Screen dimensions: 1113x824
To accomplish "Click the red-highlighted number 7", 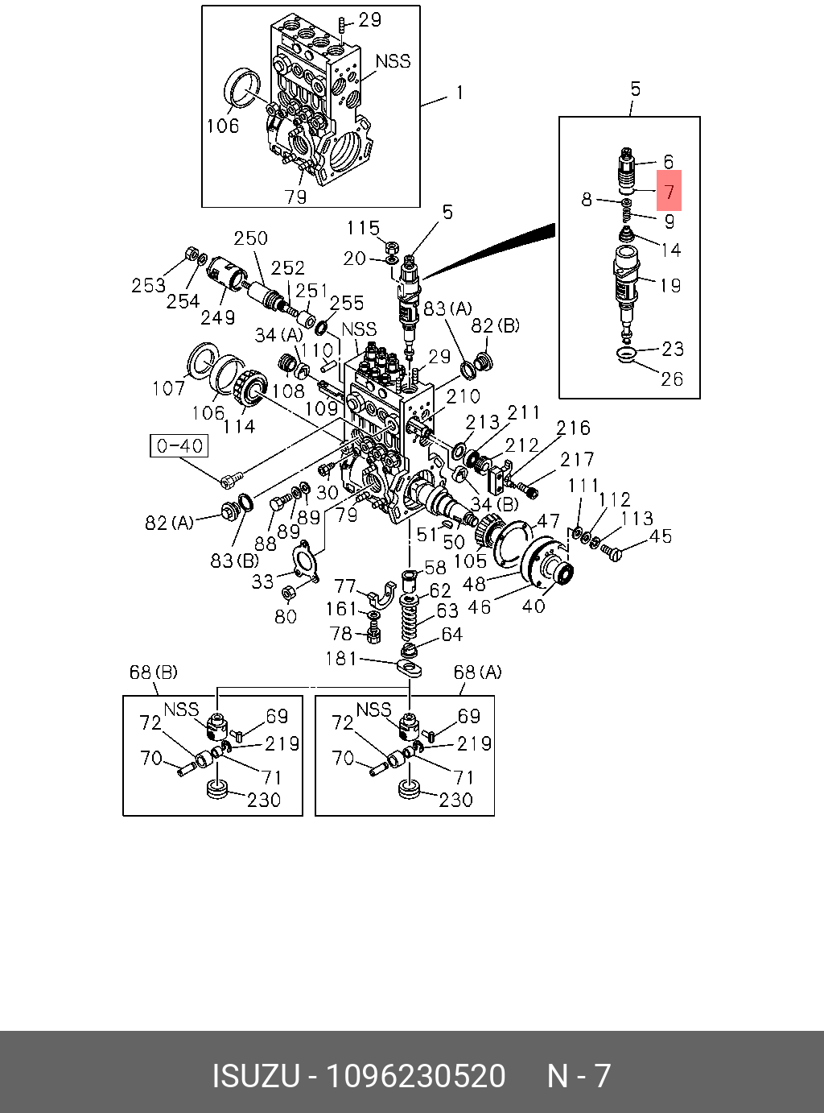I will click(669, 192).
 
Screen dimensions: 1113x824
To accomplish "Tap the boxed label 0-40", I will click(179, 445).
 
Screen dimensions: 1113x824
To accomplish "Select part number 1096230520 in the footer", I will click(414, 1076).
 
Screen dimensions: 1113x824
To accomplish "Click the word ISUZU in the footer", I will click(255, 1076).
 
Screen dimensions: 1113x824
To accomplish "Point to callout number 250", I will click(250, 238).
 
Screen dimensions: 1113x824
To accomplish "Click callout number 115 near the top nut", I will click(363, 228).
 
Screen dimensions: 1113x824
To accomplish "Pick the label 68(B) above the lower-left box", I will click(153, 672).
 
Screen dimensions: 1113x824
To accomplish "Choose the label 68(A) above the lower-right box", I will click(477, 672).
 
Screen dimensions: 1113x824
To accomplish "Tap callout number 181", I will click(340, 658).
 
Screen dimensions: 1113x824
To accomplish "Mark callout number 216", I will click(573, 428).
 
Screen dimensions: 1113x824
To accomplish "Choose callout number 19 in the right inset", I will click(669, 285).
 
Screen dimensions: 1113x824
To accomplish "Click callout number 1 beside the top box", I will click(459, 93).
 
